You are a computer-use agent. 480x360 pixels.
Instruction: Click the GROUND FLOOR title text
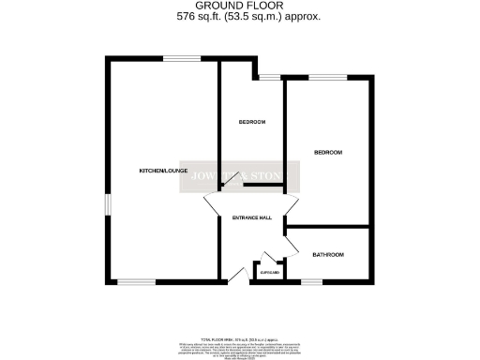point(239,7)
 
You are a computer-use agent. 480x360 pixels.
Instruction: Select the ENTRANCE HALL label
point(252,217)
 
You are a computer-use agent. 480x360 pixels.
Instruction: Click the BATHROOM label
point(328,254)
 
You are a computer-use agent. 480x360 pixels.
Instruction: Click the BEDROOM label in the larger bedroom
point(328,152)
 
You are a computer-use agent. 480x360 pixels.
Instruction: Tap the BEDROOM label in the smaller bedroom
point(252,122)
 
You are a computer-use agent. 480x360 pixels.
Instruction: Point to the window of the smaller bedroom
point(272,76)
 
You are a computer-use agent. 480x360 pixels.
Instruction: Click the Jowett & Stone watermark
point(239,177)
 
